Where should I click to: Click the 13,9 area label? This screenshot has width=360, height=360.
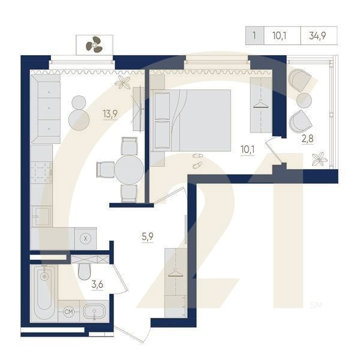110,113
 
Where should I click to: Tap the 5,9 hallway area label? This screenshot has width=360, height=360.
148,236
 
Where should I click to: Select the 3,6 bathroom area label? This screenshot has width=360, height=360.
97,284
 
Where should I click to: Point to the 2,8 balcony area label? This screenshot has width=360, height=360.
307,139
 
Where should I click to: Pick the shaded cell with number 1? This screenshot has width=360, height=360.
254,35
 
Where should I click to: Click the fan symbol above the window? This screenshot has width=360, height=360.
94,44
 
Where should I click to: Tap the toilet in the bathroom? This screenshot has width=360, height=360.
84,271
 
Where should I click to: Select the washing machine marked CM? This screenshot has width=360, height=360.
68,311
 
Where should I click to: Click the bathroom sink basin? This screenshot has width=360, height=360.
94,311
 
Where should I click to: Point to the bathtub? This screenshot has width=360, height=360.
44,293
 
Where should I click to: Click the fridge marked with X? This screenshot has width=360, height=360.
85,239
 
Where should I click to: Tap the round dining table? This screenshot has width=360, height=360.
129,170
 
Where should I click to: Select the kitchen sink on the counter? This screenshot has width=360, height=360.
41,216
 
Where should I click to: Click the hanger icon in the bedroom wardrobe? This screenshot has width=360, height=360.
261,104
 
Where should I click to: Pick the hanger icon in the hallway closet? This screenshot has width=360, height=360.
176,273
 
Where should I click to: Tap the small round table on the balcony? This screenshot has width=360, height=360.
304,100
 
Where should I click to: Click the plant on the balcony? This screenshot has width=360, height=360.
319,158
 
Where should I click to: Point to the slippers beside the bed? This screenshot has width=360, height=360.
197,160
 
